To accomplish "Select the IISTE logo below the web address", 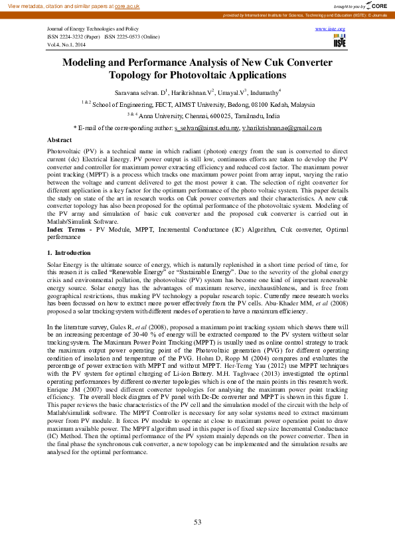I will [339, 42].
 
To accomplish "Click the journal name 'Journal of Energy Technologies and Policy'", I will [92, 30].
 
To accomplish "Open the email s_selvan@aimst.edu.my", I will [206, 127].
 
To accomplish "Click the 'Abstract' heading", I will [60, 140].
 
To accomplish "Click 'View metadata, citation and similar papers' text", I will [58, 5].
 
